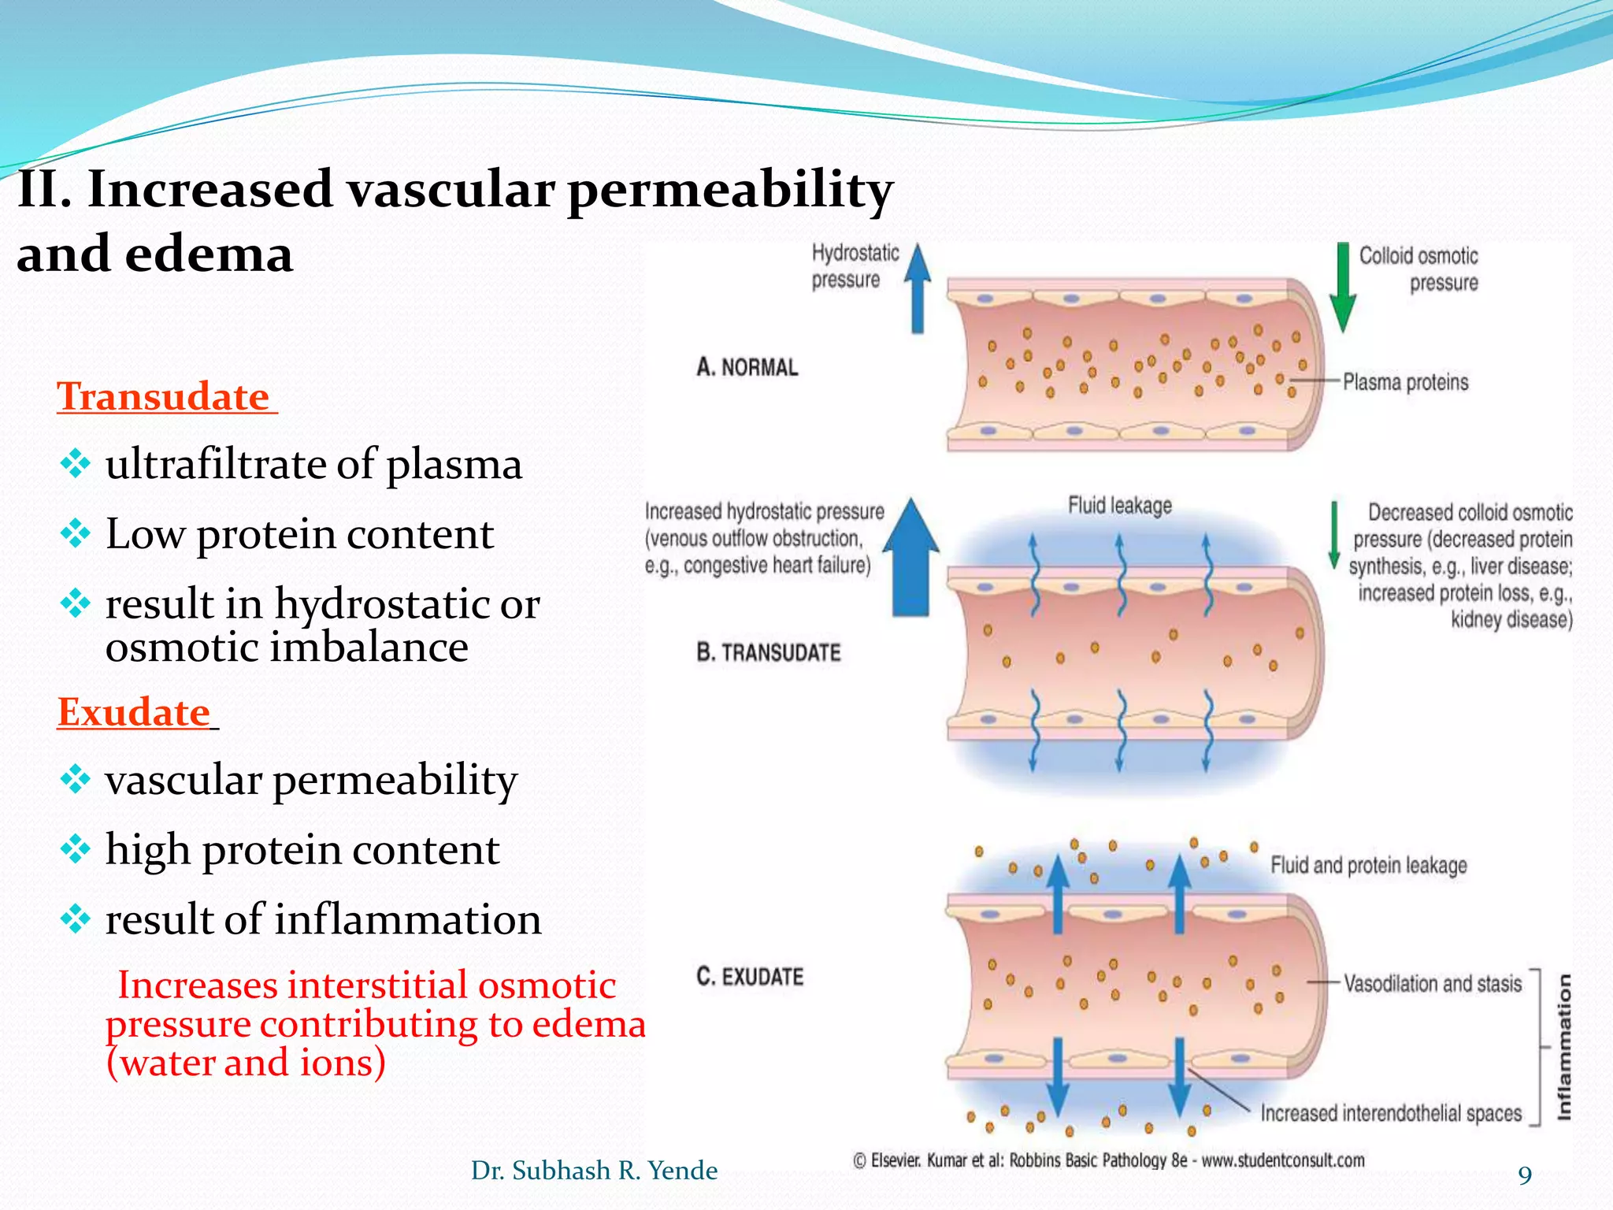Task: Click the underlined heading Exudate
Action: pyautogui.click(x=134, y=712)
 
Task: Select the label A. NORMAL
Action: pyautogui.click(x=747, y=367)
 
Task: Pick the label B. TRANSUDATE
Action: pyautogui.click(x=768, y=652)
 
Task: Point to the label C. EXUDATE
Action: pyautogui.click(x=749, y=977)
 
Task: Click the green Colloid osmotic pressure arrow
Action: pyautogui.click(x=1342, y=288)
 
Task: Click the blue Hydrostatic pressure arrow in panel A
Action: pyautogui.click(x=917, y=288)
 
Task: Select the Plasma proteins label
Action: pyautogui.click(x=1405, y=383)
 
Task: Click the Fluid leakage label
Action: pyautogui.click(x=1119, y=506)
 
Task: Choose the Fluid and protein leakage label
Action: pyautogui.click(x=1368, y=866)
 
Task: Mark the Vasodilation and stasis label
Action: pyautogui.click(x=1432, y=984)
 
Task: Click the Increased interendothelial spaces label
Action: pyautogui.click(x=1390, y=1113)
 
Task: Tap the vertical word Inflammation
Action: pyautogui.click(x=1564, y=1047)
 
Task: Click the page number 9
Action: pyautogui.click(x=1525, y=1175)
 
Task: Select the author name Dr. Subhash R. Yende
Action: pyautogui.click(x=594, y=1171)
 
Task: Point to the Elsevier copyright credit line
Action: pyautogui.click(x=1108, y=1160)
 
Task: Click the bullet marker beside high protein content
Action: pyautogui.click(x=76, y=850)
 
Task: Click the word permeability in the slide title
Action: pyautogui.click(x=729, y=191)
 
